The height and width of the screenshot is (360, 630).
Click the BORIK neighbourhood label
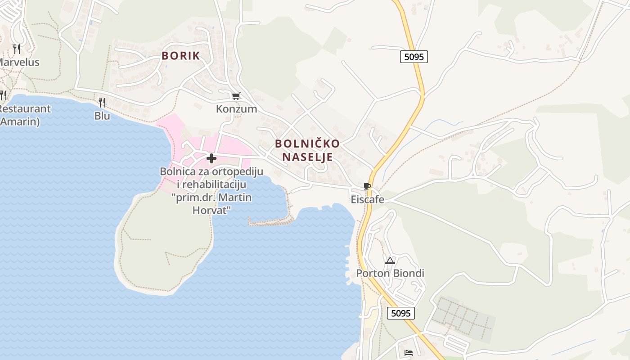[x=180, y=56]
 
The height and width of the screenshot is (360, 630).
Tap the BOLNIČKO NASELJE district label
[x=307, y=150]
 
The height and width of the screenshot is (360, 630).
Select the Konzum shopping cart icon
[x=236, y=96]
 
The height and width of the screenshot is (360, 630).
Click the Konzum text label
[x=236, y=109]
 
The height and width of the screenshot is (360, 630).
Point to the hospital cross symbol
[x=211, y=158]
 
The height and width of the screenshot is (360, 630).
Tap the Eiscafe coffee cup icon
[x=367, y=187]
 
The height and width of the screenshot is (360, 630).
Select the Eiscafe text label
[x=368, y=199]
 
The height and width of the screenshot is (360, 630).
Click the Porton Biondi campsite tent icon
[x=390, y=261]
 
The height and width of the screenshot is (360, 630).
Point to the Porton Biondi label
[x=390, y=273]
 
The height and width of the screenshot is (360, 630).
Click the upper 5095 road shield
[x=414, y=57]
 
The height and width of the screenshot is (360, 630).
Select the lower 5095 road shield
[x=400, y=313]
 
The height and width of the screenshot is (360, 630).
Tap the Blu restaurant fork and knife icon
[x=102, y=103]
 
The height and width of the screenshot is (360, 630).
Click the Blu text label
[x=102, y=116]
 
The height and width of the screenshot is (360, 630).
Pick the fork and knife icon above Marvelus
[x=17, y=49]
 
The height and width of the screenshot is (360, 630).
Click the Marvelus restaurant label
[x=19, y=62]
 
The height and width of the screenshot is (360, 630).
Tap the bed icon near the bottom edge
[x=409, y=352]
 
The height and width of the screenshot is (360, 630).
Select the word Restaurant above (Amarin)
[x=25, y=109]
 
